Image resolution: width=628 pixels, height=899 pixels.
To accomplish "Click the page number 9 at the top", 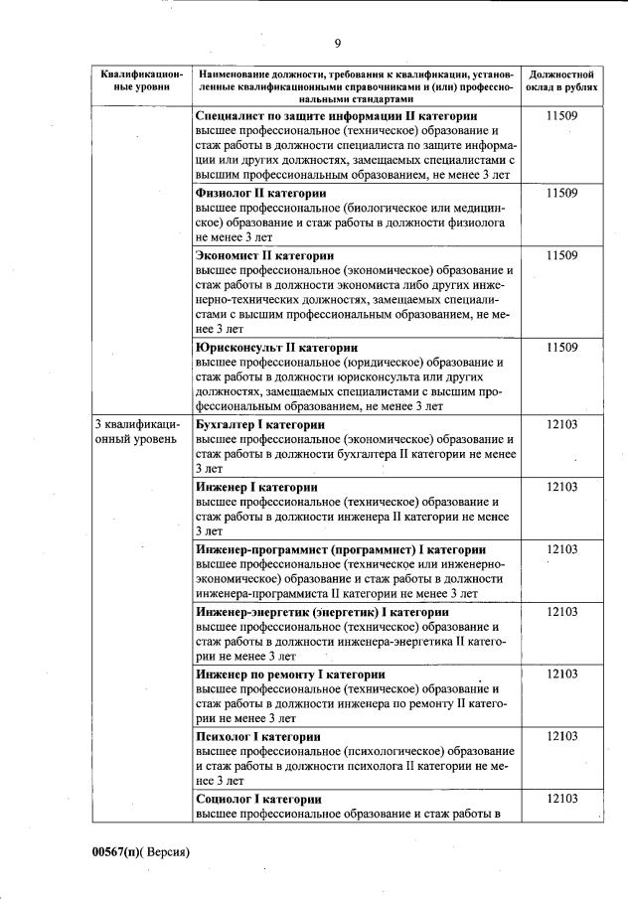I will [338, 43].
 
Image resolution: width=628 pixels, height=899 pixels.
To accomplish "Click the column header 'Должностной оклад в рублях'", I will [562, 80].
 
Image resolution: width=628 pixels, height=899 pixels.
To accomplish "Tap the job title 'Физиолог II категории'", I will [261, 193].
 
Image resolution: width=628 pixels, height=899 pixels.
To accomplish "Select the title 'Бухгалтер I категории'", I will [260, 424].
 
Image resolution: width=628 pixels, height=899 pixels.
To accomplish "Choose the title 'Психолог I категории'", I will [257, 736].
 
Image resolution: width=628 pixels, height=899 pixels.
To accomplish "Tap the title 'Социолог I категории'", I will [258, 799].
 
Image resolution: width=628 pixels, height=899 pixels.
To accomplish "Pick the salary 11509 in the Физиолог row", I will [562, 193].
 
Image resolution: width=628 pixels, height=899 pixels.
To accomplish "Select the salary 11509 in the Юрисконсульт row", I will [562, 348].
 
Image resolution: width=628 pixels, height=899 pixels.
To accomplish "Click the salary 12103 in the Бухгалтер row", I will [562, 424].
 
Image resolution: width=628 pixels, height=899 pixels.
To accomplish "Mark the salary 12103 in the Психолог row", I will [562, 736].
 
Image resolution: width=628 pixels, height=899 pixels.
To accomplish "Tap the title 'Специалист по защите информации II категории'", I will [336, 116].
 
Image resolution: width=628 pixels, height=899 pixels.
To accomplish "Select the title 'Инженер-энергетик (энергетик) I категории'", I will [322, 612].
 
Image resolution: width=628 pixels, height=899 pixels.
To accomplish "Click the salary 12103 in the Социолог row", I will [562, 799].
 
